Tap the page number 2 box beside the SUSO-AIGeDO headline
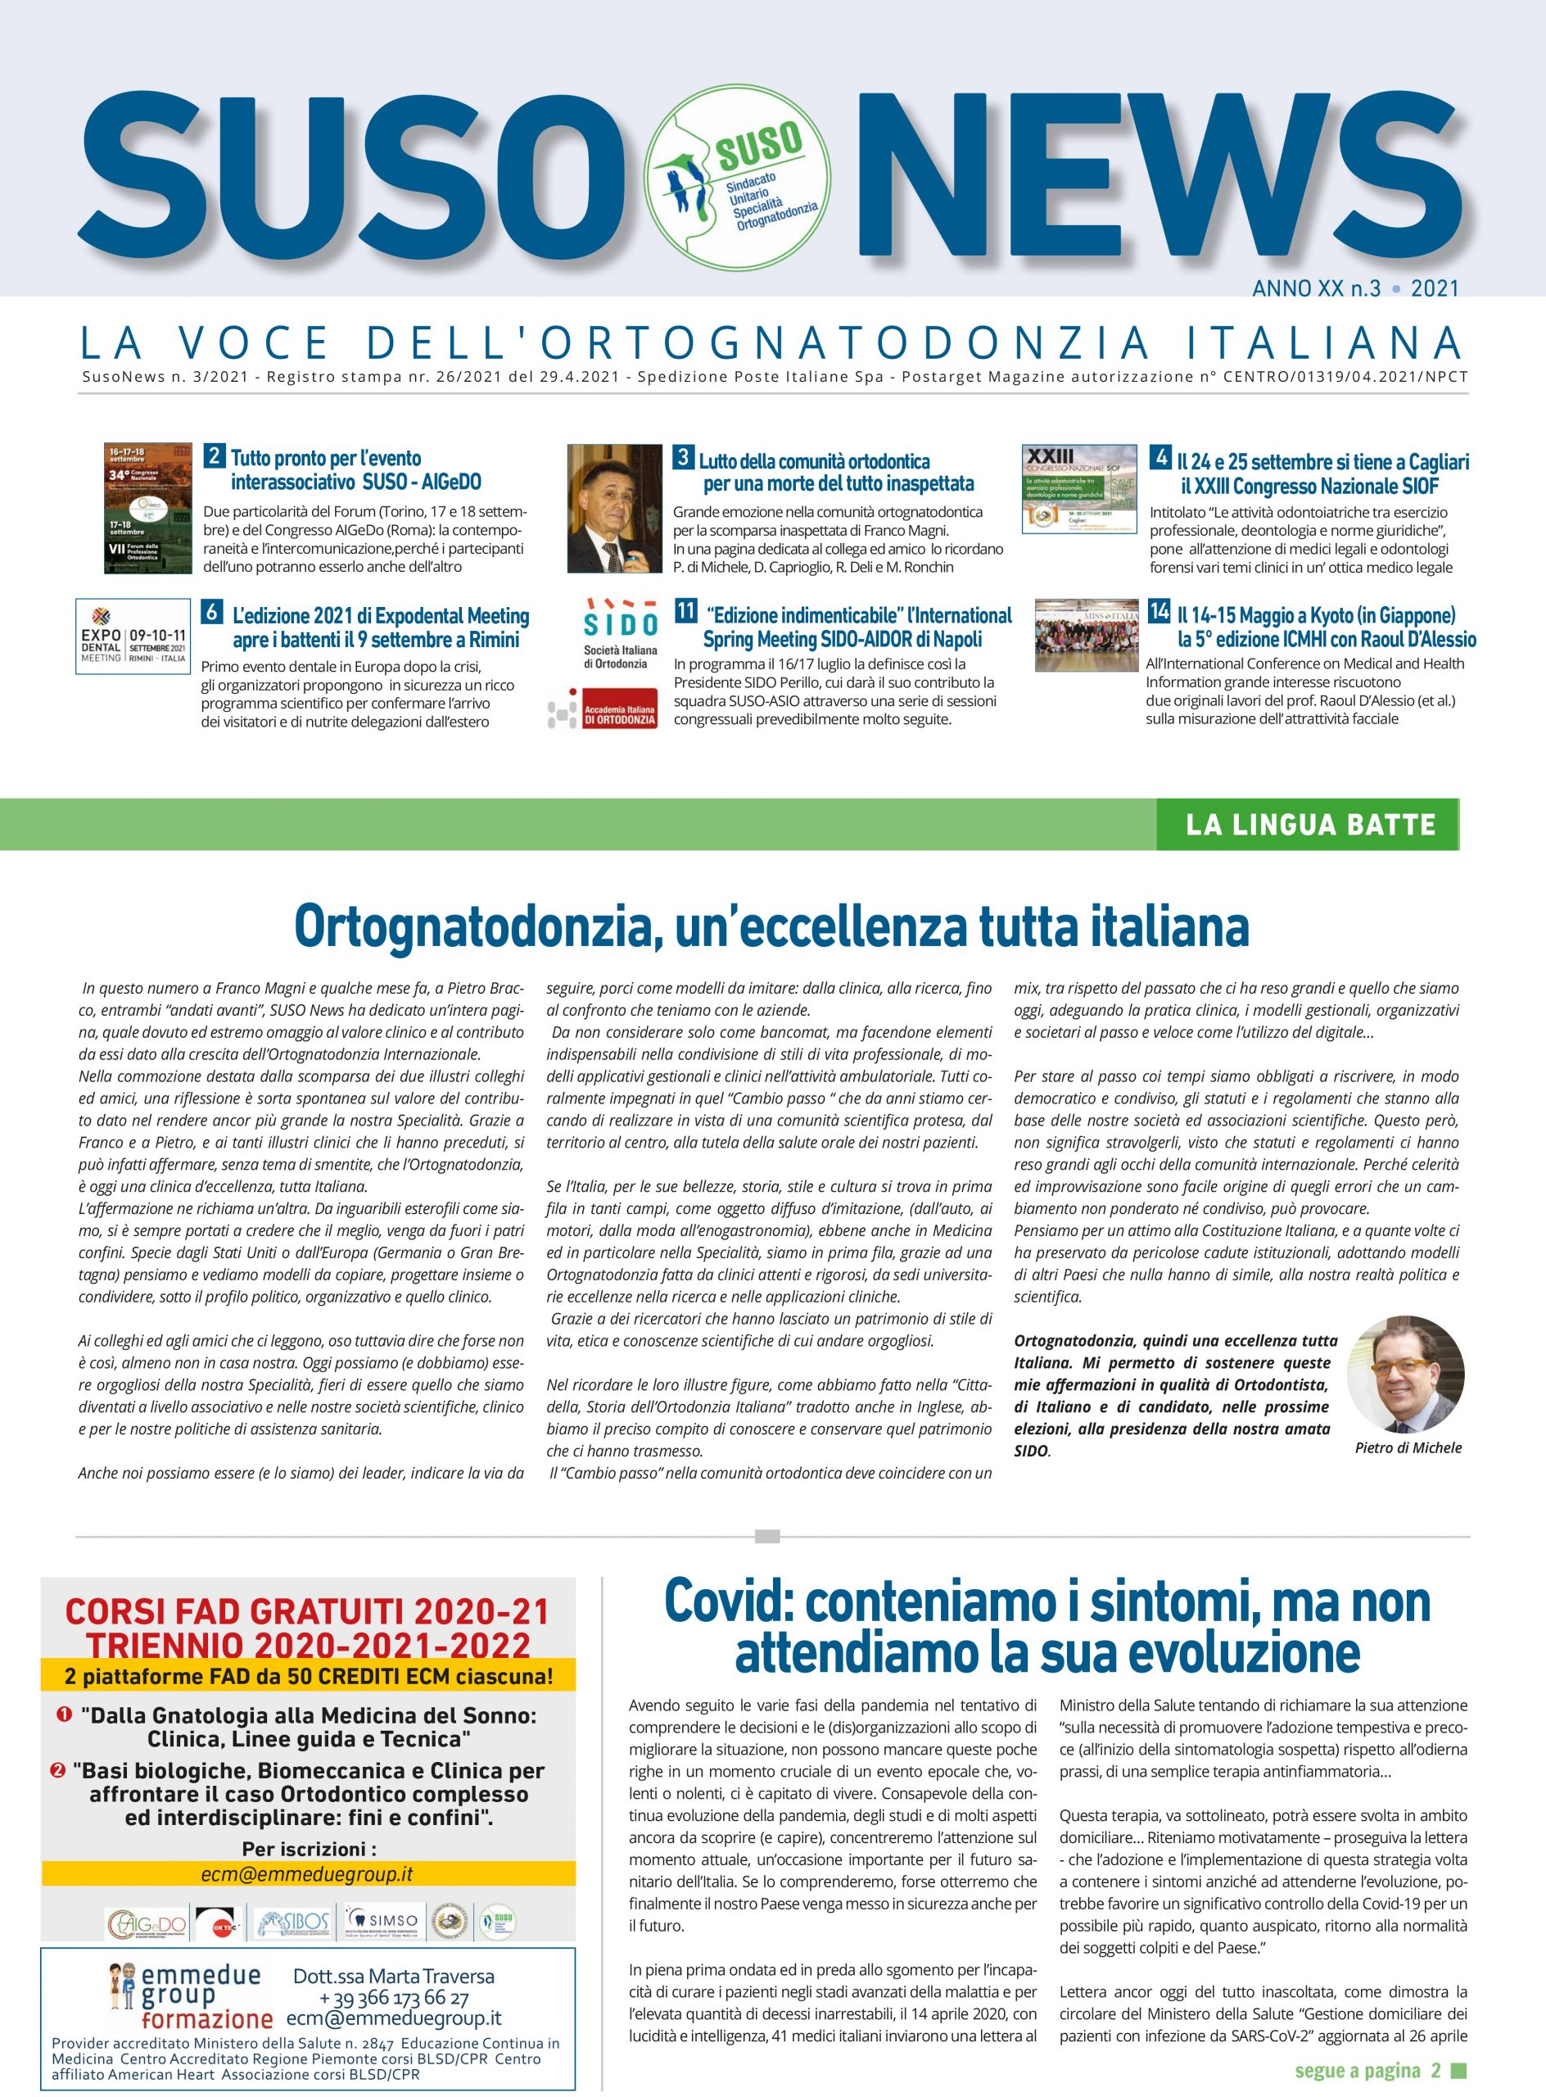coord(215,457)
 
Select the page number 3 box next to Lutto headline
coord(683,458)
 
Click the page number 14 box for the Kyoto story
coord(1159,612)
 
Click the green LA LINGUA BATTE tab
coord(1309,825)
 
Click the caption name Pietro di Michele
coord(1408,1448)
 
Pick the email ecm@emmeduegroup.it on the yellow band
coord(307,1874)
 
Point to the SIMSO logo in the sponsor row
coord(382,1920)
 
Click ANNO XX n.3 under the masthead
coord(1316,288)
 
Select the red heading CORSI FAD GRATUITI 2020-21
coord(307,1611)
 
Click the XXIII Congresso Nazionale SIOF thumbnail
coord(1079,490)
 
